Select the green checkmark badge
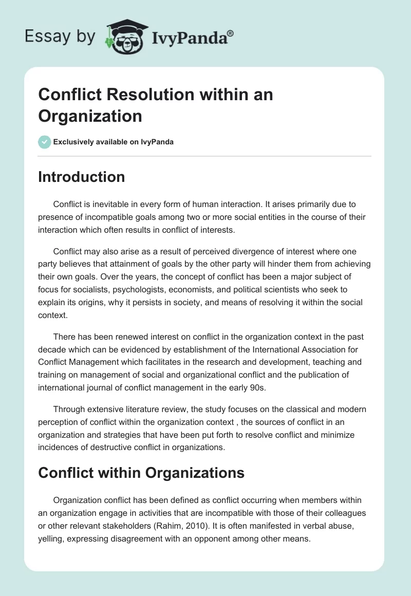click(x=45, y=142)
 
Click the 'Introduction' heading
click(x=81, y=177)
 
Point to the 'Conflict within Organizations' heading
click(x=141, y=473)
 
